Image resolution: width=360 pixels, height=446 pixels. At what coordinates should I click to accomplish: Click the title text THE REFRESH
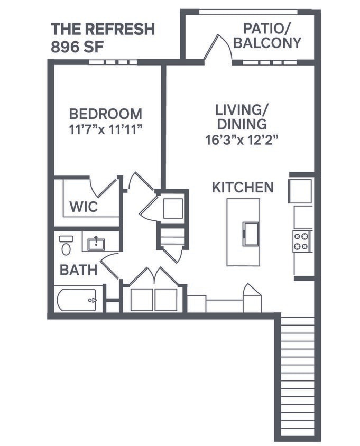coord(103,29)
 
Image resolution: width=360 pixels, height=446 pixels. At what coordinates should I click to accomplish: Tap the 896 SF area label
coord(77,46)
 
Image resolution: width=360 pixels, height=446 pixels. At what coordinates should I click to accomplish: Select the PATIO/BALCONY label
coord(267,35)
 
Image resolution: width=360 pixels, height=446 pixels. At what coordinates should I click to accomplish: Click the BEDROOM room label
coord(106,114)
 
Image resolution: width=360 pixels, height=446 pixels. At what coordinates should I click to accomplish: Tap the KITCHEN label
coord(243,187)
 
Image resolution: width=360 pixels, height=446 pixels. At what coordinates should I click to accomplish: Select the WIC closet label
coord(84,207)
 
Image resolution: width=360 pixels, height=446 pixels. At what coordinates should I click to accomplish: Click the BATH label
coord(78,270)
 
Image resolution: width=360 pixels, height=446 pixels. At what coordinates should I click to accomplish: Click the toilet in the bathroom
coord(66,246)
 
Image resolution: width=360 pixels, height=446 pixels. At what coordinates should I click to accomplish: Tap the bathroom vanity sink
coord(96,244)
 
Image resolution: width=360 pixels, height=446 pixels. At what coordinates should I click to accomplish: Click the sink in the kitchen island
coord(250,233)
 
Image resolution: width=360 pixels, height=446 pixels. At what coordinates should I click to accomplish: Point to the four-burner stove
coord(301,241)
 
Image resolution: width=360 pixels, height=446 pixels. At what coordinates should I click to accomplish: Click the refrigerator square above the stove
coord(300,191)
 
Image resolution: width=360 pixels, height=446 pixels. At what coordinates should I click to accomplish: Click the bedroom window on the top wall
coord(113,62)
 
